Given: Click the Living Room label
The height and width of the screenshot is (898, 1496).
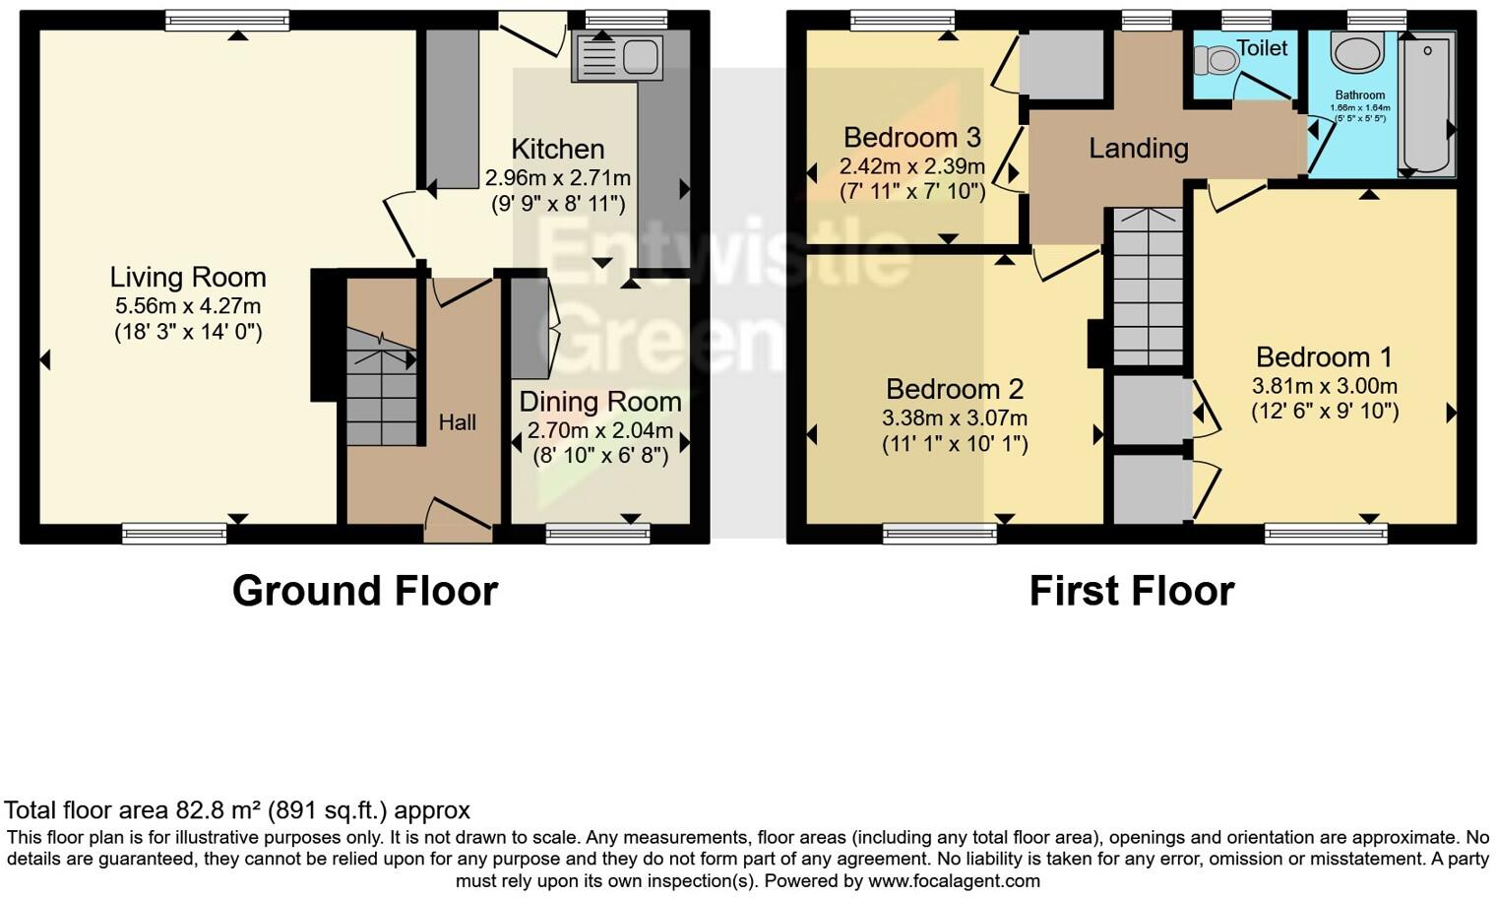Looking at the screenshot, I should pyautogui.click(x=187, y=278).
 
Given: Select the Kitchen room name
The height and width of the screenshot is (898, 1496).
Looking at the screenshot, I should pyautogui.click(x=557, y=150).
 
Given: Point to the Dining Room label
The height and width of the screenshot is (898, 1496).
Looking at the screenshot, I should pyautogui.click(x=599, y=402).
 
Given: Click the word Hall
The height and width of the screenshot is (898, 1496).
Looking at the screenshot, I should pyautogui.click(x=457, y=422).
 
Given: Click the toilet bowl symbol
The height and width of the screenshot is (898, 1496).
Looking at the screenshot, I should pyautogui.click(x=1215, y=61).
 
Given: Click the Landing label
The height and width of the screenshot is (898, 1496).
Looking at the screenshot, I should pyautogui.click(x=1138, y=149).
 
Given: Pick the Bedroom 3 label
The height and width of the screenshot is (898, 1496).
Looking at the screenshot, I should pyautogui.click(x=911, y=137).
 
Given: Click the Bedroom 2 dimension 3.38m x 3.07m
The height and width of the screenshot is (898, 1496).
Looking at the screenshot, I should pyautogui.click(x=954, y=418).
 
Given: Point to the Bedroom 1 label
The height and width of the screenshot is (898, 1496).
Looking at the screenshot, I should pyautogui.click(x=1325, y=356).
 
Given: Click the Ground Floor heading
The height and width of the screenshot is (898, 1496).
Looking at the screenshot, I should pyautogui.click(x=364, y=591).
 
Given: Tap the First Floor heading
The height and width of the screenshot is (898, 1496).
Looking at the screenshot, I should pyautogui.click(x=1131, y=591).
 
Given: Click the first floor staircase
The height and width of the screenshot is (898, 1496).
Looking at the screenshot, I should pyautogui.click(x=1148, y=287).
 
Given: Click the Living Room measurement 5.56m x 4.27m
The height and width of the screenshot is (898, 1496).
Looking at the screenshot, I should pyautogui.click(x=187, y=306).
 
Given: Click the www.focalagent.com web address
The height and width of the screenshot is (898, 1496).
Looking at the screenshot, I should pyautogui.click(x=953, y=880).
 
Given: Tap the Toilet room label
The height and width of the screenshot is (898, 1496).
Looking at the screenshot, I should pyautogui.click(x=1261, y=48).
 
